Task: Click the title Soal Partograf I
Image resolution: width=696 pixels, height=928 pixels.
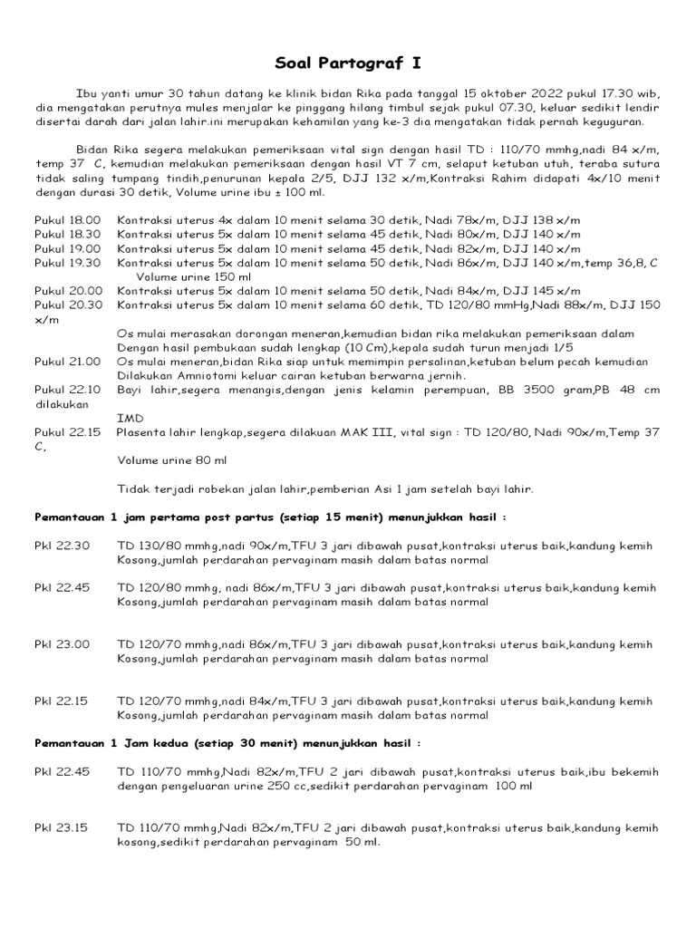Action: [348, 64]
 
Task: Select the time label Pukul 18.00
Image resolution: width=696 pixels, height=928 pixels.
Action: [68, 220]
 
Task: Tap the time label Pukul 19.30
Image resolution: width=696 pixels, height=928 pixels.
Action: [68, 262]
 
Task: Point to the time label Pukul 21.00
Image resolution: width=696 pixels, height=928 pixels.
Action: [68, 362]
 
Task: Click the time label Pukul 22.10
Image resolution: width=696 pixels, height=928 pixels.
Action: [68, 391]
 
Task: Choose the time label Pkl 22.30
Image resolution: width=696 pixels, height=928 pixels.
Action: [63, 546]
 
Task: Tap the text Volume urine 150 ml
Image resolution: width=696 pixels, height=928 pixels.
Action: [195, 276]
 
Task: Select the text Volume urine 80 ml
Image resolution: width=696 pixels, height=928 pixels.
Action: [174, 460]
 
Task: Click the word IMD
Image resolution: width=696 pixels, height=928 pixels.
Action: [130, 419]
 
